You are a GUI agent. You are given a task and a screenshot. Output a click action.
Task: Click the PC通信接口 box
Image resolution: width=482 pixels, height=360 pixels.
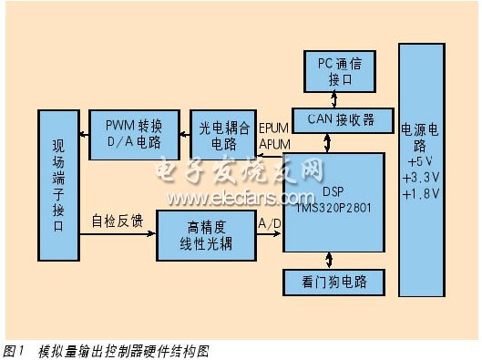(x=339, y=70)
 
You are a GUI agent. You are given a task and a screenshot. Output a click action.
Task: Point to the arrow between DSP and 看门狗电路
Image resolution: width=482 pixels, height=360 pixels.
(x=336, y=259)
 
